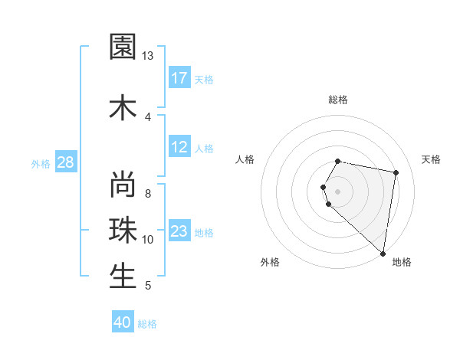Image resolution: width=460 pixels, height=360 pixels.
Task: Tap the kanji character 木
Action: coord(123,106)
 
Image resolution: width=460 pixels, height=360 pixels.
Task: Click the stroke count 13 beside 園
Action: coord(148,56)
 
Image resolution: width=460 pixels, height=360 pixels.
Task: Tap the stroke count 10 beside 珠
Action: coord(148,240)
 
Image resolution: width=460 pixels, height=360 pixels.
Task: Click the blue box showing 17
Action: coord(179,78)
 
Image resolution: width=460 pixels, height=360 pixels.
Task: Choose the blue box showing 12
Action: coord(179,147)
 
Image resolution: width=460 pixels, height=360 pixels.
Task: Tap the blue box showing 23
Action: coord(179,231)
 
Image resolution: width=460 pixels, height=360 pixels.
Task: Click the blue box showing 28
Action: coord(65,162)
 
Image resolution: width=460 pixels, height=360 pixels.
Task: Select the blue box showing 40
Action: coord(123,322)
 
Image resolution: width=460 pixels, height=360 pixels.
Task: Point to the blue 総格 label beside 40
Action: coord(147,324)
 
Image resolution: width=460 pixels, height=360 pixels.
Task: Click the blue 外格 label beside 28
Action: coord(41,163)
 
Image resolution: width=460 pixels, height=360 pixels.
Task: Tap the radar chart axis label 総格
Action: coord(338,100)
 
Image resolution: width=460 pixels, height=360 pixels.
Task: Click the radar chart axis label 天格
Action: coord(431,159)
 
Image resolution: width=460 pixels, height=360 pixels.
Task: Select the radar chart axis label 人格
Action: coord(245,159)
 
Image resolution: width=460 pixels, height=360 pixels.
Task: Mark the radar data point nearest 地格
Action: coord(383,253)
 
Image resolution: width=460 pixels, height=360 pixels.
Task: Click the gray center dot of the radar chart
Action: coord(338,191)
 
